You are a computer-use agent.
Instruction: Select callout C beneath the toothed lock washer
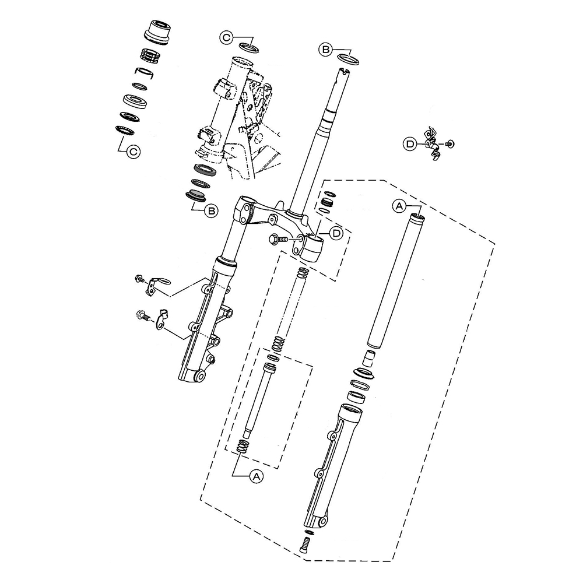[133, 152]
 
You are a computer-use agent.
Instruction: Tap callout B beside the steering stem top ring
[325, 49]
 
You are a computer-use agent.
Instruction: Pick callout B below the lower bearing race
[211, 211]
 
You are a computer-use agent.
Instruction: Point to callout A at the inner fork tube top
[399, 205]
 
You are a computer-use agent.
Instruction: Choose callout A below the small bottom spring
[256, 476]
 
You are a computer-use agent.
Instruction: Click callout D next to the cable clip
[410, 144]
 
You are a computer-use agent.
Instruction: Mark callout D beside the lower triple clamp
[336, 233]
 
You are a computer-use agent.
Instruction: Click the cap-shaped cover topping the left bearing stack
[157, 33]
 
